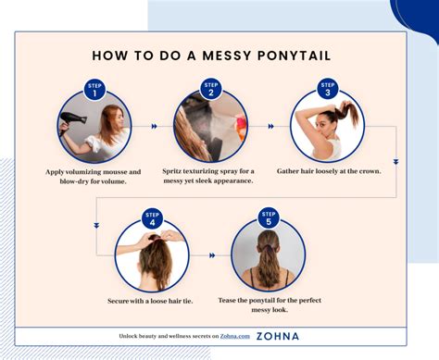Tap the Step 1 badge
click(94, 89)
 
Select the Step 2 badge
click(210, 89)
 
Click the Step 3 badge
click(327, 89)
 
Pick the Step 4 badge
click(152, 219)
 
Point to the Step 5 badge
click(269, 219)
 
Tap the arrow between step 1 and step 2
click(153, 126)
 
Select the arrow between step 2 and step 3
click(270, 126)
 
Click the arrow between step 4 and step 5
click(211, 255)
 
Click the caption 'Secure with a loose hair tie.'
click(152, 302)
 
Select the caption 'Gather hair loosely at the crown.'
click(327, 171)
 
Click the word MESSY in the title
click(216, 56)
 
